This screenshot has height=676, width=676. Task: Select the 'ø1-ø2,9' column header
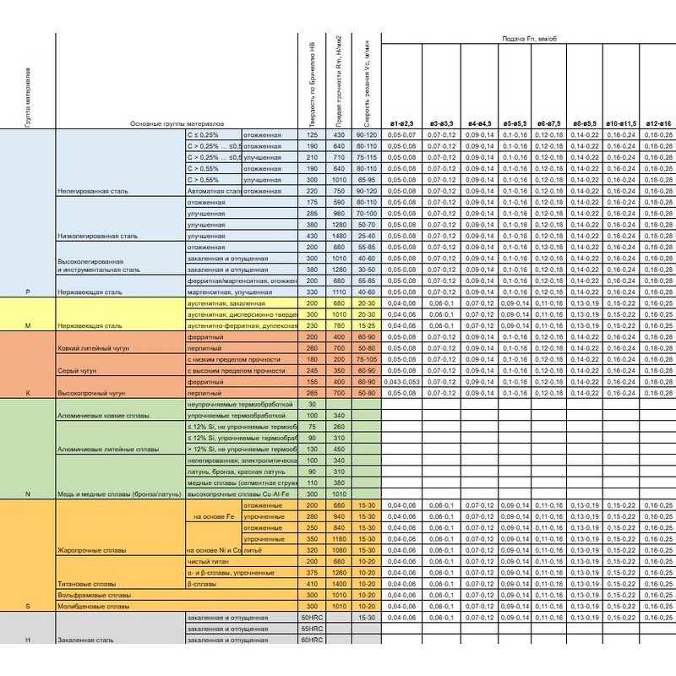(x=401, y=123)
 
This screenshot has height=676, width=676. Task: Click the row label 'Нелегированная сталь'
(x=92, y=193)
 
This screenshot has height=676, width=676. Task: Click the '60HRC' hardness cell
(x=313, y=641)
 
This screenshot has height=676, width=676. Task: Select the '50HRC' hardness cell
(x=313, y=618)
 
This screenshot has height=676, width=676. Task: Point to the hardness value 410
(x=313, y=584)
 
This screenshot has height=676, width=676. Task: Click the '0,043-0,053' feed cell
(x=401, y=381)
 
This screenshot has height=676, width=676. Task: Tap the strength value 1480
(x=340, y=237)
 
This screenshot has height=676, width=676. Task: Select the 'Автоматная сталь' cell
(x=214, y=192)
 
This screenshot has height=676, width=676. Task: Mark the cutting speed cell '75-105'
(x=367, y=358)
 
